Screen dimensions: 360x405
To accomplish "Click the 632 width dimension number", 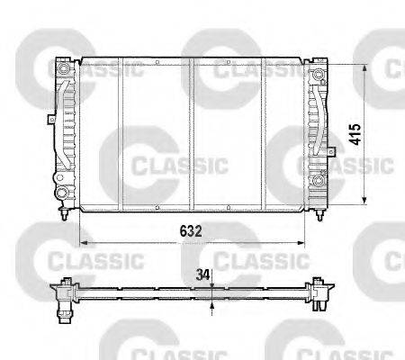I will pos(189,231).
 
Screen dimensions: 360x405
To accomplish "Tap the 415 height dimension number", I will pos(355,134).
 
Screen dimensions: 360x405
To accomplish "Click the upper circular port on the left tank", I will pos(63,70).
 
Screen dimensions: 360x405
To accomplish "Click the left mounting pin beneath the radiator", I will pos(63,216).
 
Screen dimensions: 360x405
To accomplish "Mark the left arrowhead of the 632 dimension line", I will pos(82,241).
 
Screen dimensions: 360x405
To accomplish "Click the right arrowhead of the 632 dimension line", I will pos(304,241).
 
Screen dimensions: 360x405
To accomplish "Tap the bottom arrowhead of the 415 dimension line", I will pos(364,202).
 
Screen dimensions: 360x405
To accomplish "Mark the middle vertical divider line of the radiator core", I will pos(193,135).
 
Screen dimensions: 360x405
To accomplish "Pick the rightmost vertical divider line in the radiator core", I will pos(263,135).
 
